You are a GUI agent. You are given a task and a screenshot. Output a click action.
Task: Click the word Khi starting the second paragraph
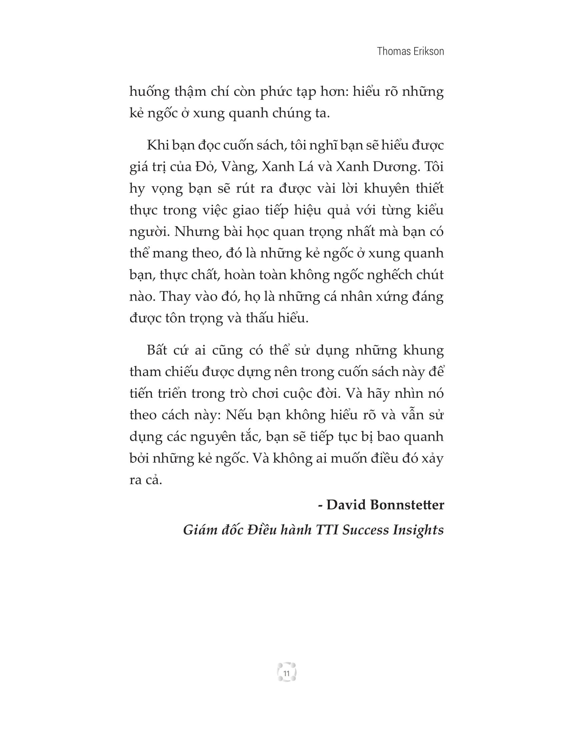point(157,145)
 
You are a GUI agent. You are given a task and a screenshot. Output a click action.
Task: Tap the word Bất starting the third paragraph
point(157,351)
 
